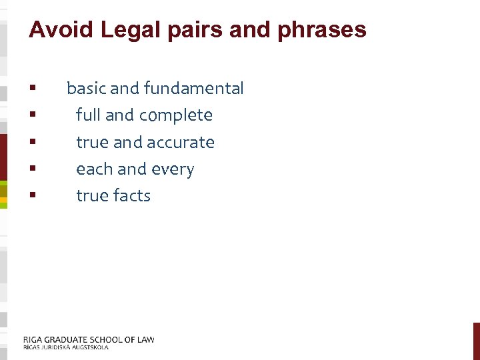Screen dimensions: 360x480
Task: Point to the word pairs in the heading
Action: pyautogui.click(x=194, y=30)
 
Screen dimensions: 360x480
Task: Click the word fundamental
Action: pyautogui.click(x=194, y=88)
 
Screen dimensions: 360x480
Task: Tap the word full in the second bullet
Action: pyautogui.click(x=88, y=115)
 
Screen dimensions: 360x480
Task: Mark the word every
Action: pyautogui.click(x=173, y=169)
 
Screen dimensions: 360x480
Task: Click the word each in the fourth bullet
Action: pyautogui.click(x=94, y=169)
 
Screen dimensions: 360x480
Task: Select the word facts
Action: pyautogui.click(x=132, y=196)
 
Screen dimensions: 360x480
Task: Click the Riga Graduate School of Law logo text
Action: pyautogui.click(x=89, y=339)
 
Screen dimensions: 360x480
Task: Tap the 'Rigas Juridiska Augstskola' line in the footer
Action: pyautogui.click(x=65, y=347)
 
